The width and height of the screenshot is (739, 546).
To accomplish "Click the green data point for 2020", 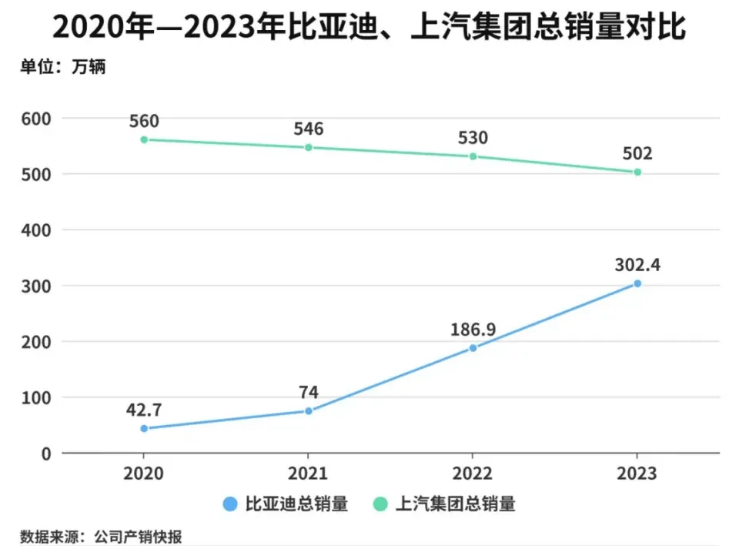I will coord(144,139).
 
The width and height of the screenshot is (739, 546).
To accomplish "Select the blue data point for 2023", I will coord(637,283).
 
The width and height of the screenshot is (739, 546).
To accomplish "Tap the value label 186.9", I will coord(473,329).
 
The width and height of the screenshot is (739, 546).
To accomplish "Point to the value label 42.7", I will coord(144,409).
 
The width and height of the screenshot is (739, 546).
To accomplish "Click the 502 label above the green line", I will coord(637,153).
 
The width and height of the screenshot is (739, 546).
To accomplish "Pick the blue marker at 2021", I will coord(309,410).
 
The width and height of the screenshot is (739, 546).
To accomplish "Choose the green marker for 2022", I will coord(473,156).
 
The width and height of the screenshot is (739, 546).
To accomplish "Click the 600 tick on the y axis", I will coord(36,119).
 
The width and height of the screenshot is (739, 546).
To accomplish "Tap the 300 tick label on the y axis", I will coord(36,286).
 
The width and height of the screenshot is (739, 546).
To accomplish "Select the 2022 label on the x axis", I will coord(473,473).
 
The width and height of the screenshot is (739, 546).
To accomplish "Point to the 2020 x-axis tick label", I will coord(144,473).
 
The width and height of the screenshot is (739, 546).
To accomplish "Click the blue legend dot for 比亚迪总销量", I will coord(229,504).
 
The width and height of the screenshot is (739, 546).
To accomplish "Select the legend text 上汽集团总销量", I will coord(455,504).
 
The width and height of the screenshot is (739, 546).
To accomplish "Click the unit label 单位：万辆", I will coord(62,67).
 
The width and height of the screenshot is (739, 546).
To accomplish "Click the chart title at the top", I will coord(369,28).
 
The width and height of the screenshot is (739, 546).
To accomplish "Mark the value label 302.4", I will coord(637,265).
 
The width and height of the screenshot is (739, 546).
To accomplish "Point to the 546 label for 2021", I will coord(309,129).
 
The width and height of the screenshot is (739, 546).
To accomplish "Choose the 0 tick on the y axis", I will coord(45,454).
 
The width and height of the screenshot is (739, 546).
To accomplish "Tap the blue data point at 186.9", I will coord(473,347).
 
